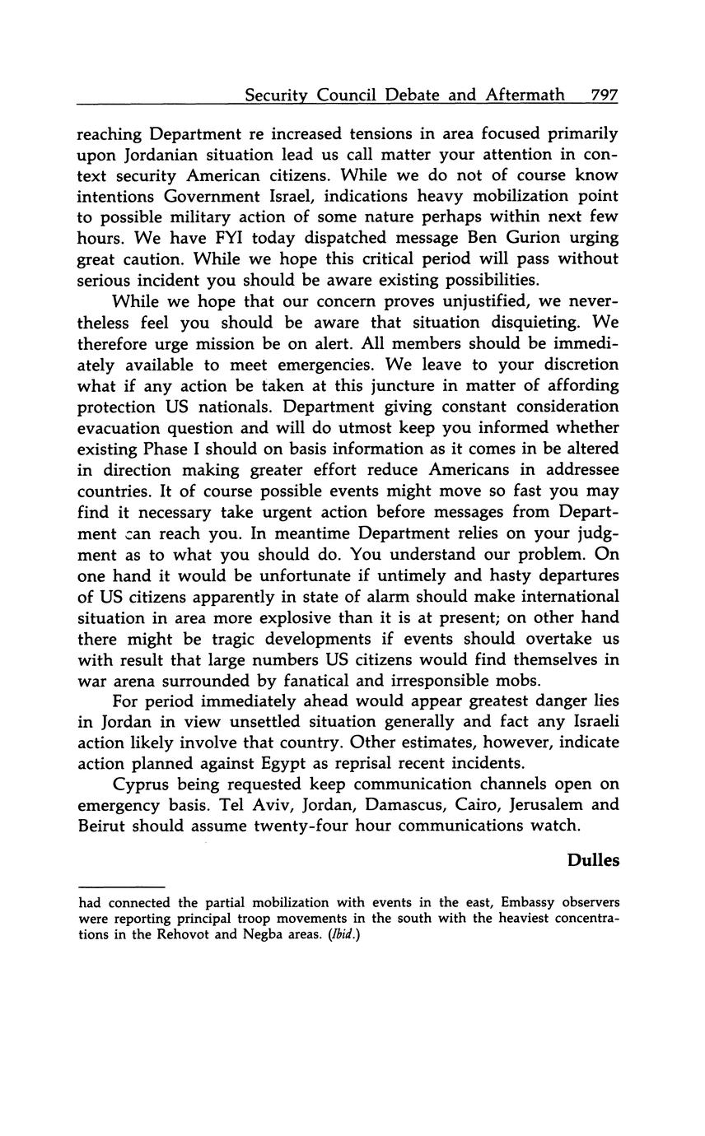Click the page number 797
[604, 95]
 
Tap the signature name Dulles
[593, 860]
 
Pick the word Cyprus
[140, 784]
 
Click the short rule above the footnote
[121, 887]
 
